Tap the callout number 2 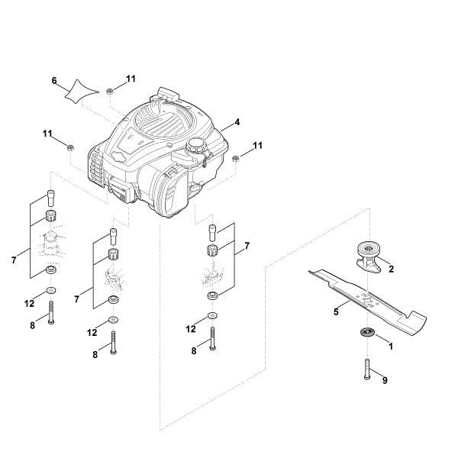pyautogui.click(x=391, y=269)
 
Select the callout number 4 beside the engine pyautogui.click(x=238, y=122)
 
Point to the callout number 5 pyautogui.click(x=336, y=311)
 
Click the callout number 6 pyautogui.click(x=54, y=80)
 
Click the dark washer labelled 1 pyautogui.click(x=366, y=331)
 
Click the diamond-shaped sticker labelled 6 pyautogui.click(x=79, y=93)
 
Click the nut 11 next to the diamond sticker pyautogui.click(x=110, y=92)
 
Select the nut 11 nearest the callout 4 pyautogui.click(x=237, y=158)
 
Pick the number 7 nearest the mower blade pyautogui.click(x=247, y=247)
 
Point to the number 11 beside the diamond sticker pyautogui.click(x=131, y=79)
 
